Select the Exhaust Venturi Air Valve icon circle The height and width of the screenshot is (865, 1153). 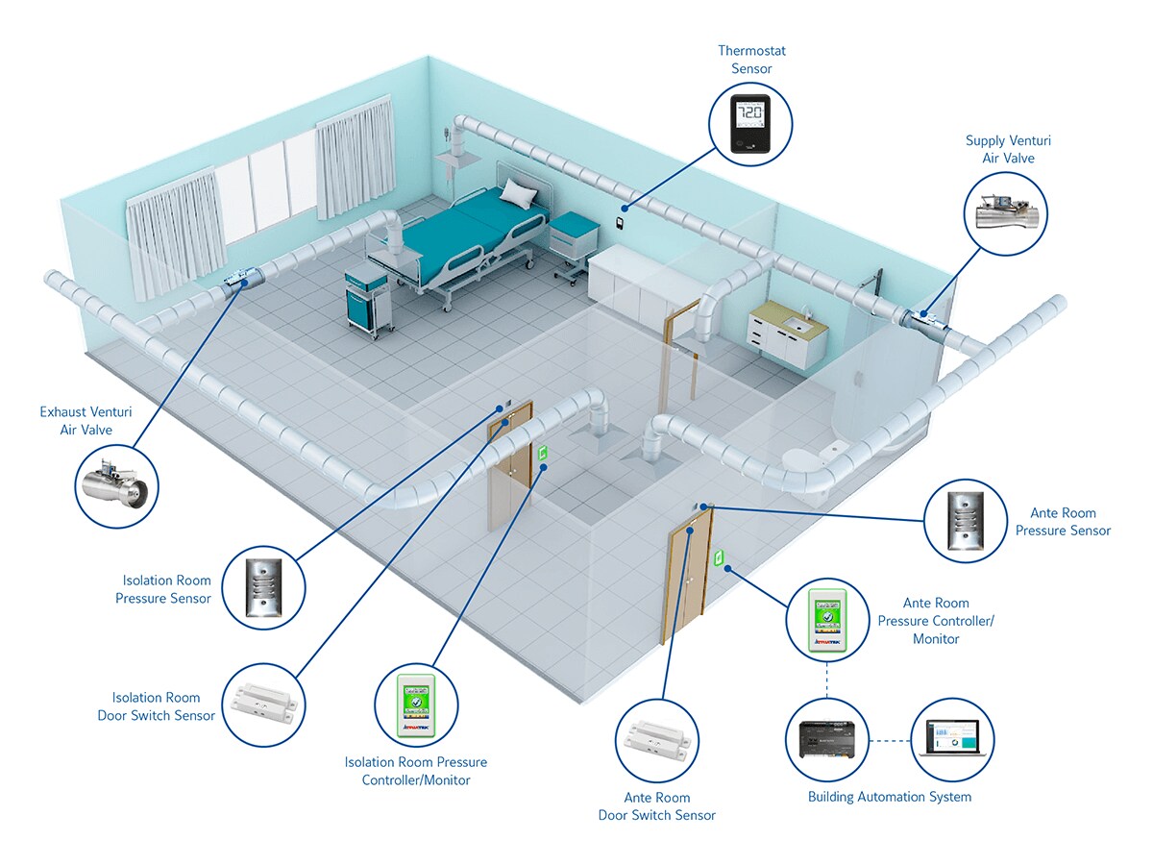point(116,487)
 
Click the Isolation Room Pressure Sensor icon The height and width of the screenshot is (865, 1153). point(262,587)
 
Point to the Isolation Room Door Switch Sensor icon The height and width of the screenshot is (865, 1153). point(263,704)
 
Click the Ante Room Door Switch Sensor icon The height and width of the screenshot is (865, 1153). point(657,739)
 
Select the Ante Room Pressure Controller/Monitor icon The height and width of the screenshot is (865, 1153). point(827,620)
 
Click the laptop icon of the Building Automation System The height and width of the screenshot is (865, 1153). point(951,739)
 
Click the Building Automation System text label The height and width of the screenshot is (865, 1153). point(889,797)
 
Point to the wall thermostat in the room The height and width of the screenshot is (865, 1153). point(622,224)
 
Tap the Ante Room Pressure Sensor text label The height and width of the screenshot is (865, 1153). point(1063,522)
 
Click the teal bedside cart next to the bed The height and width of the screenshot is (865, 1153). point(365,298)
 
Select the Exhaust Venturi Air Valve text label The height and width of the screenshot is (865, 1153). point(86,421)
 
